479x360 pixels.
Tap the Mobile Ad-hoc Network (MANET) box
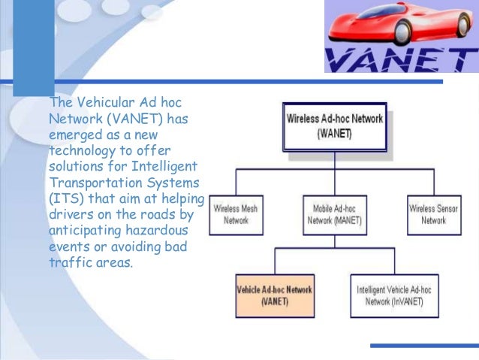[334, 213]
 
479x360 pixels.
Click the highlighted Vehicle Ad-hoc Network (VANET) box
[276, 295]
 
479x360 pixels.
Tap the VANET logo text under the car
[402, 59]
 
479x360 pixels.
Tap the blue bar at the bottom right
[424, 346]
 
